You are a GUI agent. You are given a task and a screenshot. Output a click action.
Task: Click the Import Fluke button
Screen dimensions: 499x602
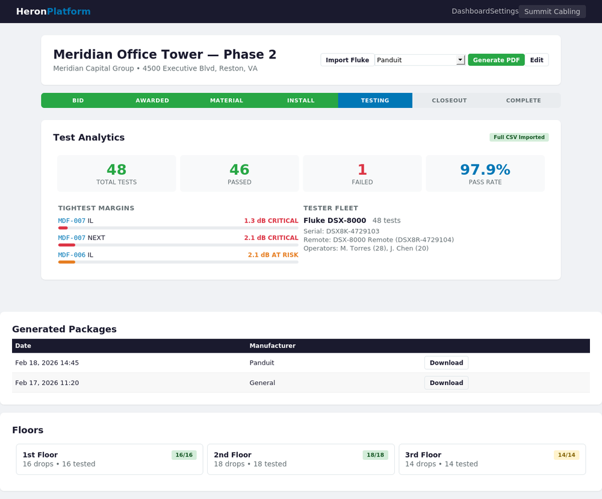347,60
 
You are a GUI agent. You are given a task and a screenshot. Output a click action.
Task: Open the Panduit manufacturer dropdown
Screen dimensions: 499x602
420,60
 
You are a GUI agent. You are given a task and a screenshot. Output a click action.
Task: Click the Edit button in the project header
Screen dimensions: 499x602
536,60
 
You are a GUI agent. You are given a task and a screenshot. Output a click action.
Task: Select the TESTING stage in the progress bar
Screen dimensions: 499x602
375,101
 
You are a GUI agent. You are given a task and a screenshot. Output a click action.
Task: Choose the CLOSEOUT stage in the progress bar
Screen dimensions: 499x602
449,101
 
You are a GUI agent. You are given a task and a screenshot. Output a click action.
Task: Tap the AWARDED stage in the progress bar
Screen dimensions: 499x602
152,101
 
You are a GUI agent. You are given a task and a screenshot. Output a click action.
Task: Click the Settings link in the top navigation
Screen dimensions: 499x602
504,11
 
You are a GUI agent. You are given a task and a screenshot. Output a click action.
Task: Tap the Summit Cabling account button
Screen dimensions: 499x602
552,11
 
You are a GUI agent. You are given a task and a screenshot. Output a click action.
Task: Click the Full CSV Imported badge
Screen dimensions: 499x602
519,137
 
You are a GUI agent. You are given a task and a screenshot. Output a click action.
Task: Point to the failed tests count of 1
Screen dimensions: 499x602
362,170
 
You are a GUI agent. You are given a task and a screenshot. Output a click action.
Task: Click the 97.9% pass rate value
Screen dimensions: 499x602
485,170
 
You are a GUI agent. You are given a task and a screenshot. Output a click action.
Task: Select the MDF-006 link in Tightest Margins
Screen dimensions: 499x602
72,255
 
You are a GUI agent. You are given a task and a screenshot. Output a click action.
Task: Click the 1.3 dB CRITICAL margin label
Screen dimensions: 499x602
271,221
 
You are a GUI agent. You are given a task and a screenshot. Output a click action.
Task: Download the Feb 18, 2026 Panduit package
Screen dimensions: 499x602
446,363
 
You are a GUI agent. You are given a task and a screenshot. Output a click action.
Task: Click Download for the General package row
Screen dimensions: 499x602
446,383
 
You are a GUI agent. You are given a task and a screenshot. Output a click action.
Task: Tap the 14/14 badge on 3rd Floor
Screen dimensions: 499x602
566,455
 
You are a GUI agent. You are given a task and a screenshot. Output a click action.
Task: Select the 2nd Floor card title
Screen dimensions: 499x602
232,455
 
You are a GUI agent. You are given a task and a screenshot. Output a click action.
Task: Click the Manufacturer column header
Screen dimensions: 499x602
272,346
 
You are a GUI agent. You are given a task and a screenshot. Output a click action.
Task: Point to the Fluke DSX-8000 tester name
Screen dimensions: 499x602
335,221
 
